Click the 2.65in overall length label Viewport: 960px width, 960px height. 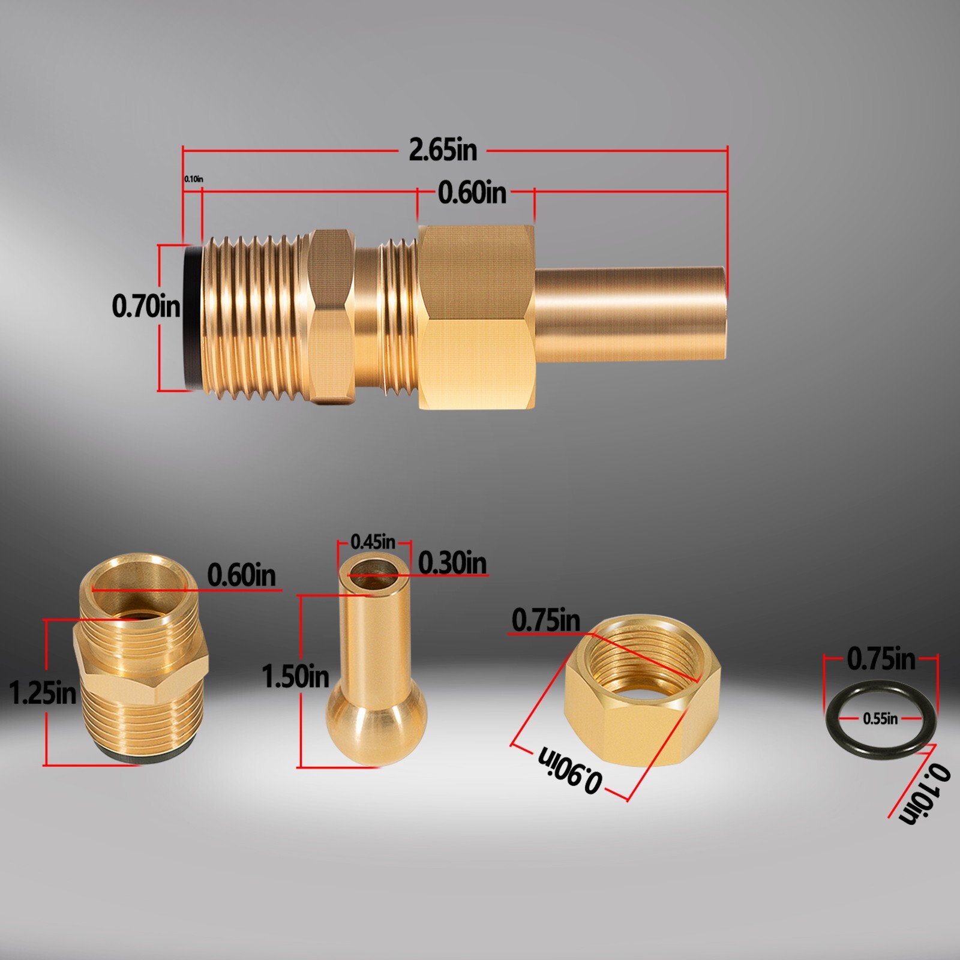click(443, 150)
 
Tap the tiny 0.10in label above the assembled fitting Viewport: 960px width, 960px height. click(193, 179)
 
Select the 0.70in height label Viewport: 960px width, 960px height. click(146, 306)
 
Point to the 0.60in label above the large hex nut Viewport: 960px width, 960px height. click(472, 193)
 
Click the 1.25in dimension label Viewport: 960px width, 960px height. click(43, 693)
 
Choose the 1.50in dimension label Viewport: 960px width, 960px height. click(296, 676)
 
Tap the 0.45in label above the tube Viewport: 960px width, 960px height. click(373, 542)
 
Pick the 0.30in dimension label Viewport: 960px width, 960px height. click(452, 563)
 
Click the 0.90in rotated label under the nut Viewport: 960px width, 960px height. click(569, 770)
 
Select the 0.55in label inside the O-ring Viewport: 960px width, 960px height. click(880, 718)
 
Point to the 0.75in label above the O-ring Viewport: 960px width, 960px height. click(881, 659)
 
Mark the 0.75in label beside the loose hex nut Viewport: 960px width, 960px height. click(545, 620)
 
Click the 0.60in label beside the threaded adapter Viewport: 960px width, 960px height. click(241, 575)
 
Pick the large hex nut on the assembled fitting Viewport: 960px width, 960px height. click(476, 316)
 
